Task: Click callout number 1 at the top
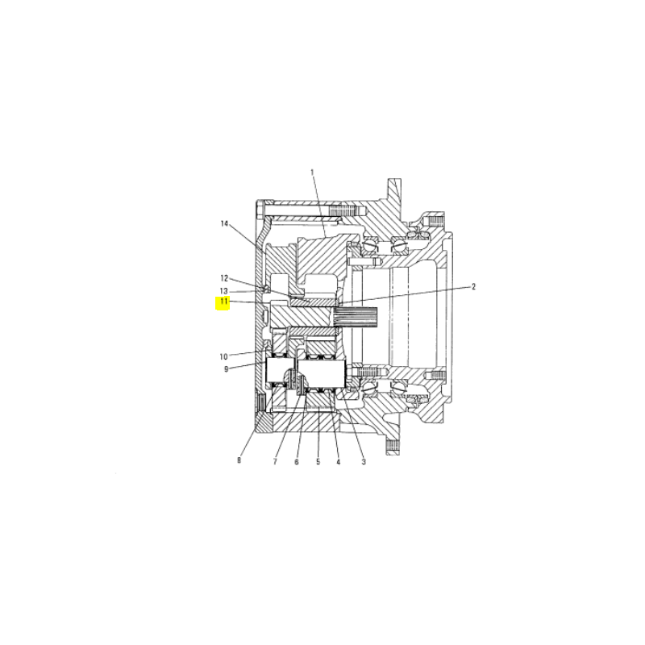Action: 312,172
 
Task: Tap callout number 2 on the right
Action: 473,287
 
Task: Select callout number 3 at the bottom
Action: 364,462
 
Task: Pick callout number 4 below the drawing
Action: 338,462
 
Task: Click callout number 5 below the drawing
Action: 318,462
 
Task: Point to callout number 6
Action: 297,462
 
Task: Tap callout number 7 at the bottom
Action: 275,462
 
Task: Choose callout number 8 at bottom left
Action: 239,460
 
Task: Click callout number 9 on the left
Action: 226,369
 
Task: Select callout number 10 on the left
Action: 223,356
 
